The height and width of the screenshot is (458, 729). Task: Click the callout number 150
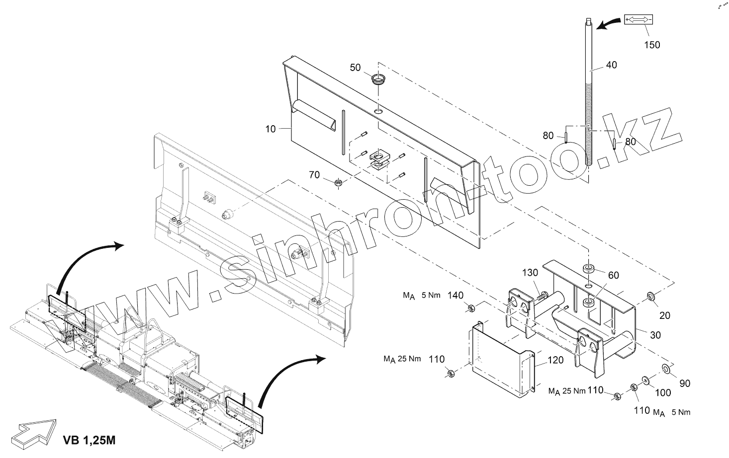652,45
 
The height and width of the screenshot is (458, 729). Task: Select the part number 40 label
611,65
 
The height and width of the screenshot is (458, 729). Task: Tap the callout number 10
270,129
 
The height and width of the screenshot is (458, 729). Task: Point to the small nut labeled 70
338,184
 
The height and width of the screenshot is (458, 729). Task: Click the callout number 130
530,273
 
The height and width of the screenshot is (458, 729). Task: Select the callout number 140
456,296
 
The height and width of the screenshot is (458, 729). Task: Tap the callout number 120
555,360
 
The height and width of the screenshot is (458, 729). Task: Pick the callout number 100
663,393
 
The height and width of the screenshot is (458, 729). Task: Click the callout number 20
665,315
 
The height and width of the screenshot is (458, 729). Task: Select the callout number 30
655,335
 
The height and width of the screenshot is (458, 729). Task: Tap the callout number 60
613,275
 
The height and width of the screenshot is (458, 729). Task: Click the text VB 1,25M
90,440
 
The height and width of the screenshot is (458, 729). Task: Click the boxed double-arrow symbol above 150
638,20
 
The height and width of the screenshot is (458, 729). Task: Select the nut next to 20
650,297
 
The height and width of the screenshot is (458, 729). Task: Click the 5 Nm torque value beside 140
430,296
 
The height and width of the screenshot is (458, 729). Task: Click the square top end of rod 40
588,21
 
